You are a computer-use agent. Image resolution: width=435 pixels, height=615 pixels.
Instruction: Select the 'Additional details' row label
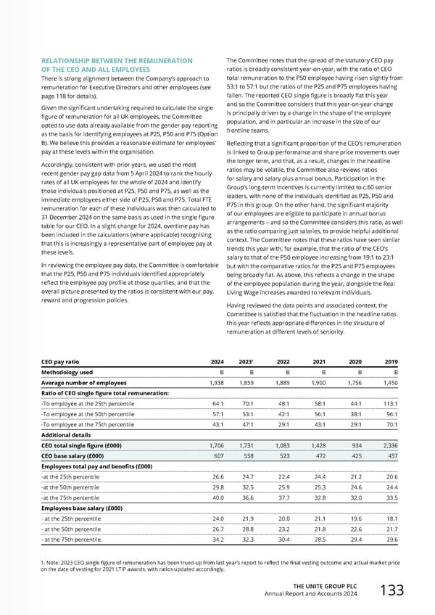pos(65,437)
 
